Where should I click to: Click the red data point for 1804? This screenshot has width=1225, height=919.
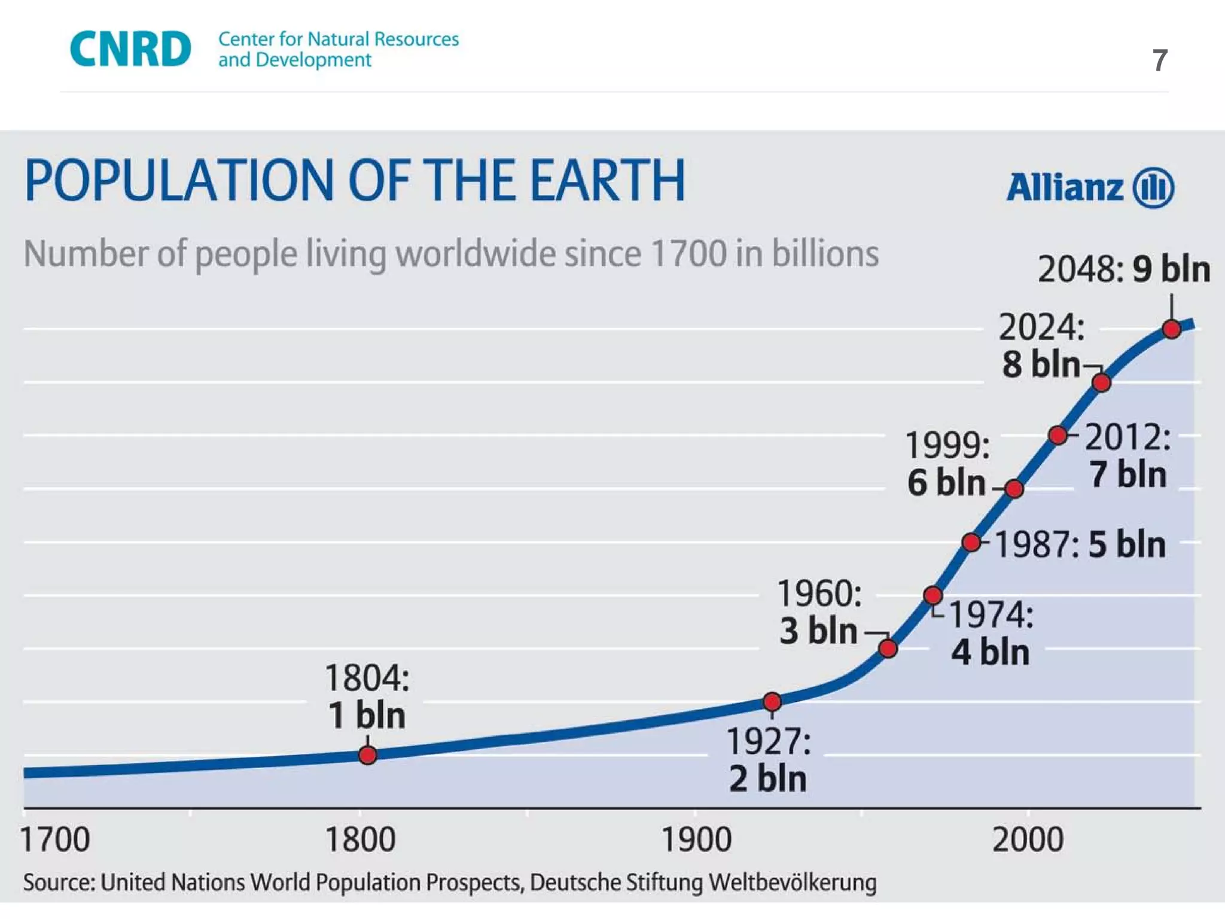click(368, 755)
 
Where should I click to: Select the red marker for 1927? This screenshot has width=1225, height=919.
click(772, 701)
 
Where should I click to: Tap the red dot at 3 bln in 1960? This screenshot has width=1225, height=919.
click(888, 648)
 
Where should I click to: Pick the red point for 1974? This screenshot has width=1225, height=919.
click(933, 595)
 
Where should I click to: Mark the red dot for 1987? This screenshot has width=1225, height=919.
click(971, 543)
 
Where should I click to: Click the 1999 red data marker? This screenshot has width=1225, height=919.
click(1014, 489)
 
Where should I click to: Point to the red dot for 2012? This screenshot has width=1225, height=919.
click(1058, 435)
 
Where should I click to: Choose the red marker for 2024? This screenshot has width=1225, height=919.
click(1101, 382)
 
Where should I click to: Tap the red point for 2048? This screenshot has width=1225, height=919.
click(1172, 329)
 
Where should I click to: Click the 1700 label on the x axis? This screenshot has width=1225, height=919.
click(55, 839)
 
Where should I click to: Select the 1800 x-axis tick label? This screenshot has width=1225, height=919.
click(360, 839)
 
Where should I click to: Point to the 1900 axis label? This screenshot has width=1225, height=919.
click(696, 839)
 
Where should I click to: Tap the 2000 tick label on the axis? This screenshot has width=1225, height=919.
click(1028, 839)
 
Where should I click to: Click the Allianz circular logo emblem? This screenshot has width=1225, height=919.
click(1154, 188)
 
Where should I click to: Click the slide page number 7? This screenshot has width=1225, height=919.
click(1160, 60)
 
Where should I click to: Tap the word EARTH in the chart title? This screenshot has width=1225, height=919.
click(608, 180)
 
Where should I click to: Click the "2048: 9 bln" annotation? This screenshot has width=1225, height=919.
click(1124, 269)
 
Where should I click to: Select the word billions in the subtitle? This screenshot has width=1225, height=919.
click(825, 254)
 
